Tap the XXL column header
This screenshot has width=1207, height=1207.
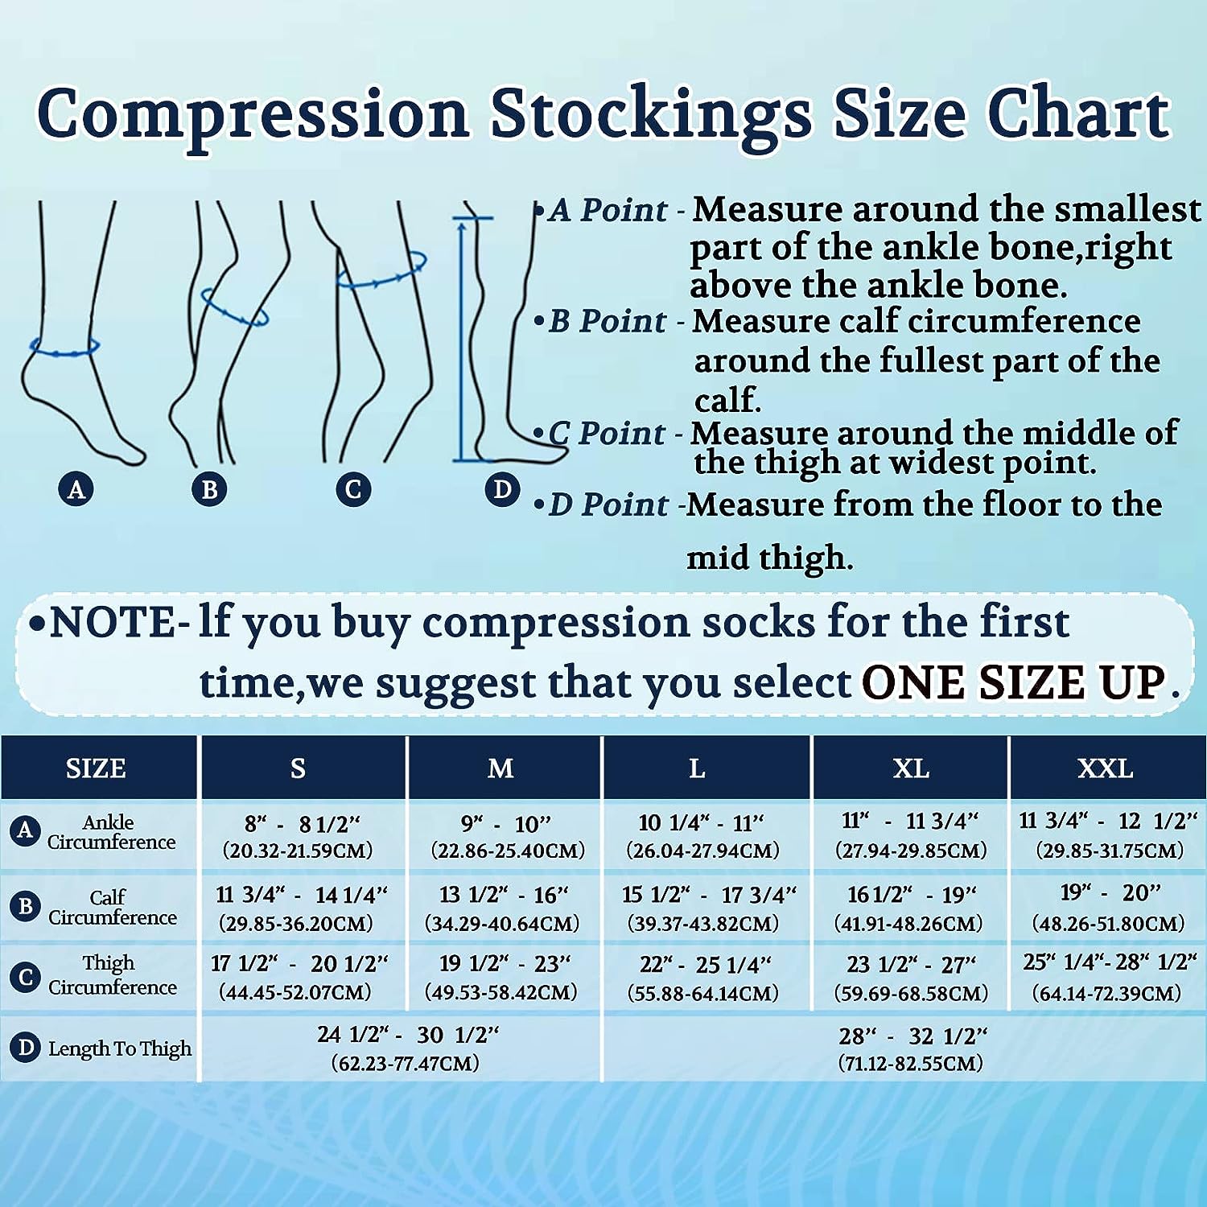[x=1106, y=768]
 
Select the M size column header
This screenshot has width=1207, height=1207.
[x=501, y=768]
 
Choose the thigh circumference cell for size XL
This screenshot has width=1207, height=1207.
[x=911, y=978]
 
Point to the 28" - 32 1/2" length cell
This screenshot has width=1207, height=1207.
[x=911, y=1048]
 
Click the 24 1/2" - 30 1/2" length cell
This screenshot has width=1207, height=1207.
[x=406, y=1048]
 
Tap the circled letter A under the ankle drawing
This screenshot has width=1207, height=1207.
[x=76, y=488]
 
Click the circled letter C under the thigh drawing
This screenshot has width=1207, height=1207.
[x=353, y=488]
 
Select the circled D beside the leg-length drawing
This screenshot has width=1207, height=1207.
[x=502, y=488]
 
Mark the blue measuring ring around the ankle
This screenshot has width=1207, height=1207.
[x=64, y=353]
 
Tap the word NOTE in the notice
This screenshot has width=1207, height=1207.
[x=113, y=623]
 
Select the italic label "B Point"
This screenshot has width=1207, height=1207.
[x=608, y=321]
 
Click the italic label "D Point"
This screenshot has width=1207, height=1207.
[x=608, y=505]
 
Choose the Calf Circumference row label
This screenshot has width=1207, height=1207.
[x=111, y=907]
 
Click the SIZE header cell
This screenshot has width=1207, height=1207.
[x=97, y=768]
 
